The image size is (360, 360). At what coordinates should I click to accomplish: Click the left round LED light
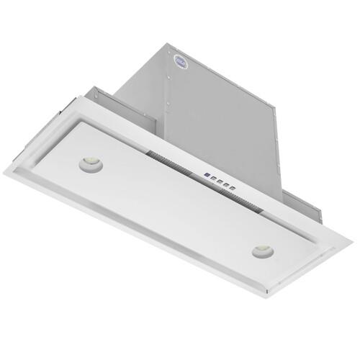(91, 164)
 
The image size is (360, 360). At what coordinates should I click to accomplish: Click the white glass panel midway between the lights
(176, 209)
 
